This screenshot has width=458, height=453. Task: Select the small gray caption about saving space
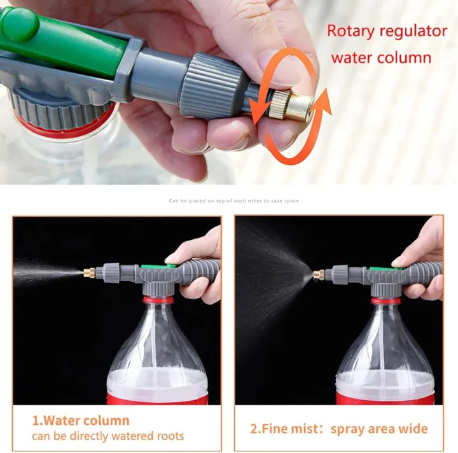click(x=233, y=201)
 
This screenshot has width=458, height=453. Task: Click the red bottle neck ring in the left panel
click(x=156, y=300)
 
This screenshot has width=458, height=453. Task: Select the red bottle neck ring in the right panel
click(x=385, y=300)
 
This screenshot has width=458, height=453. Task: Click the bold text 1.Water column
click(x=81, y=421)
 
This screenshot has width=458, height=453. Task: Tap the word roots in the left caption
click(x=169, y=436)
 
